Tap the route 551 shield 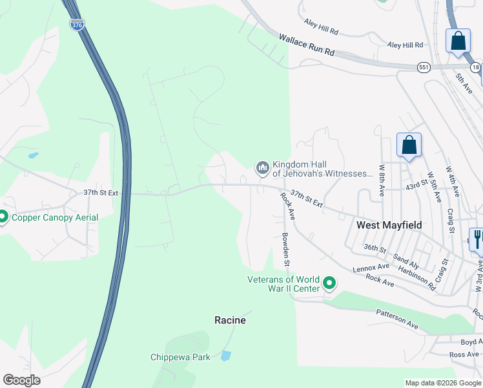(424, 67)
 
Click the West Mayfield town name (389, 225)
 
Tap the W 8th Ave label (382, 183)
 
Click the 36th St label (374, 248)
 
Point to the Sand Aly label (406, 261)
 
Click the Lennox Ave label (371, 266)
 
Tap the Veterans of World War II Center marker (329, 283)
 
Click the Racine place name (230, 320)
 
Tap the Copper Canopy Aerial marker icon (3, 217)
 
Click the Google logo (21, 380)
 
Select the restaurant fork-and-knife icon (477, 239)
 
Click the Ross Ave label (464, 354)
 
